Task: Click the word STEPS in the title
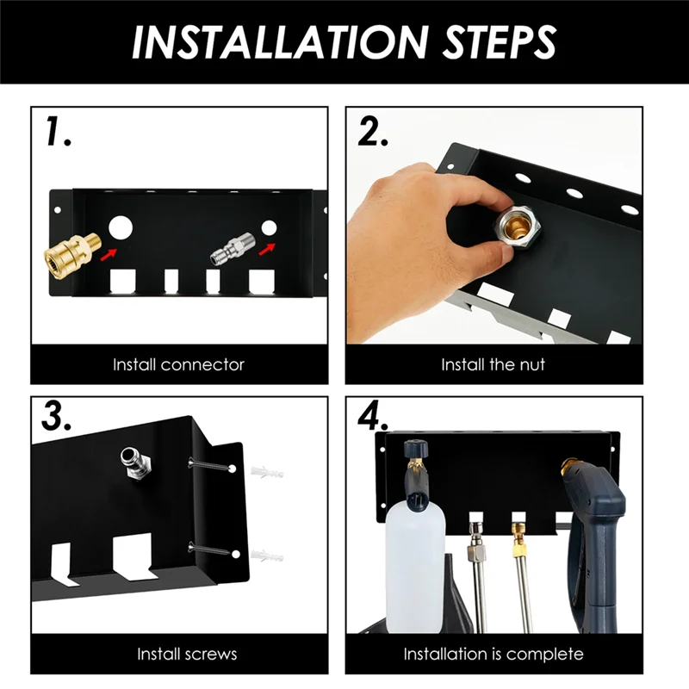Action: click(x=500, y=42)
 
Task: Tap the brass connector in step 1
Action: click(x=72, y=257)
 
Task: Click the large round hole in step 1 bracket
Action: click(x=121, y=227)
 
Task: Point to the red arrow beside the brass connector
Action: click(x=109, y=254)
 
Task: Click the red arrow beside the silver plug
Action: click(x=267, y=248)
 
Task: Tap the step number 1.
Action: click(x=58, y=131)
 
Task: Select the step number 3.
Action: click(x=56, y=416)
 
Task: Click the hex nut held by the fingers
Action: click(x=517, y=227)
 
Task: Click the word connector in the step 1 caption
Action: click(x=202, y=364)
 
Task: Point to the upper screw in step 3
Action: click(x=210, y=465)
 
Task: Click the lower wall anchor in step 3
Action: click(x=268, y=556)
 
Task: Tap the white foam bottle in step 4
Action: click(x=415, y=568)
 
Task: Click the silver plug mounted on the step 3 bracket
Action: click(x=136, y=463)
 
